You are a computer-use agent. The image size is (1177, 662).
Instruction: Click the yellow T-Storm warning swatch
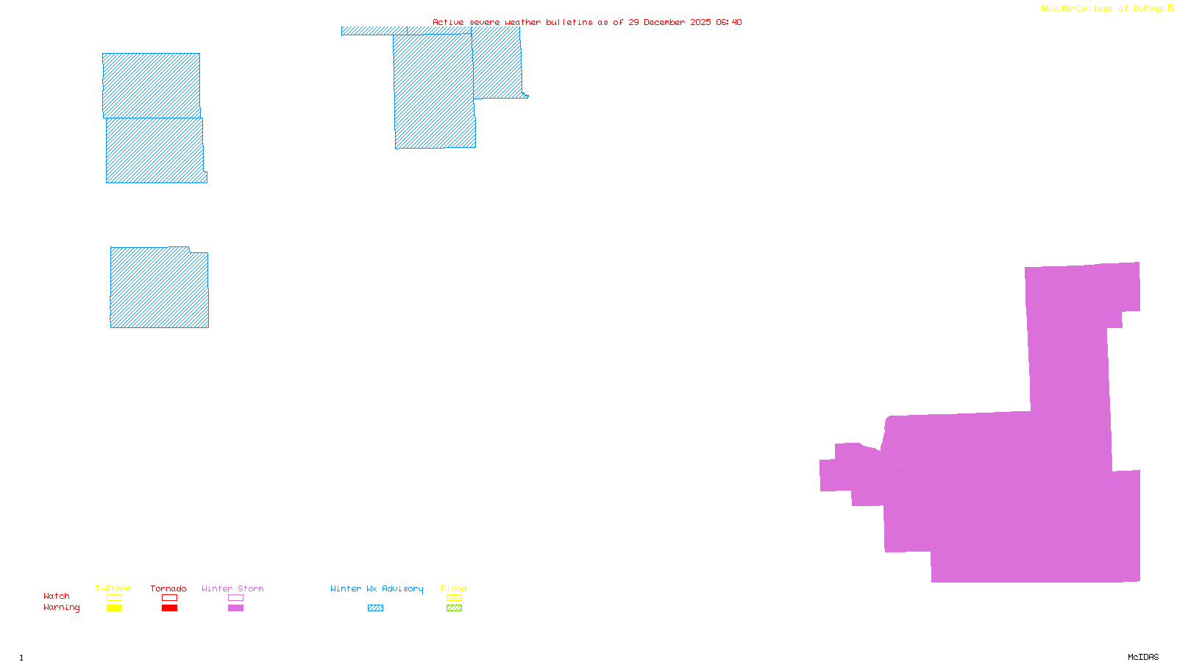[114, 608]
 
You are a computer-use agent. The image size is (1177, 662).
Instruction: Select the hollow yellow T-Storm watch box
[114, 598]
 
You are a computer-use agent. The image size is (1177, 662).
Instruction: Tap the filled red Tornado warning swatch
[169, 608]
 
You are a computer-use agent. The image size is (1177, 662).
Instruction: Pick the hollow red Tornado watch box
[169, 598]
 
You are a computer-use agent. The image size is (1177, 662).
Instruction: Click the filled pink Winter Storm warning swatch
[235, 608]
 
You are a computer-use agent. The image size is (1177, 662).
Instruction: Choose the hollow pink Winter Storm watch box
[235, 598]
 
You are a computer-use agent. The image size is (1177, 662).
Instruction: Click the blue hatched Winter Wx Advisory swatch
[375, 608]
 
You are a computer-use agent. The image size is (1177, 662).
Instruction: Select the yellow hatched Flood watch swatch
[454, 598]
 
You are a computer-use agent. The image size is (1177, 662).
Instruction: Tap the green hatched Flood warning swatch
[454, 608]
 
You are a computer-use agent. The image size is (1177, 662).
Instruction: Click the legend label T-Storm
[113, 588]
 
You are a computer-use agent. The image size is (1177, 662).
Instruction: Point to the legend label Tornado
[168, 588]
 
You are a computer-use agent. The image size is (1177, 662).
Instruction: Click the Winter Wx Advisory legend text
[377, 588]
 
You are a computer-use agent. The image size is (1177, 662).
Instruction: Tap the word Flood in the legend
[454, 588]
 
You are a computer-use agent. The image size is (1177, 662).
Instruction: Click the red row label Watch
[57, 596]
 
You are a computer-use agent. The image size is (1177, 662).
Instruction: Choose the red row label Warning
[62, 608]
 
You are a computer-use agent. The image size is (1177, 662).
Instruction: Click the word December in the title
[664, 22]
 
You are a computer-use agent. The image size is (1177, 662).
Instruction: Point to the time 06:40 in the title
[728, 22]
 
